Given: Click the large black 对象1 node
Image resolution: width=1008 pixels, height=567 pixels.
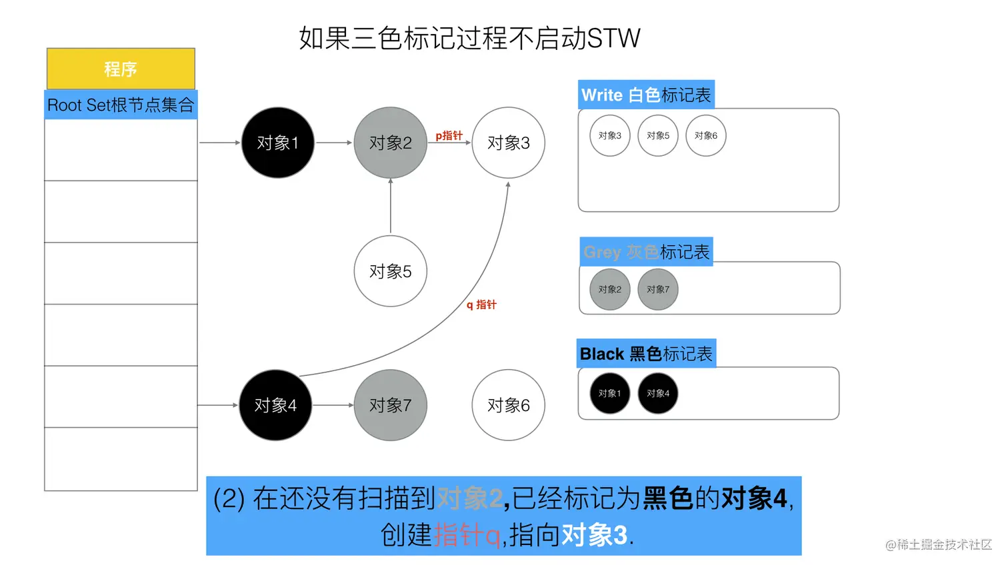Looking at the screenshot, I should point(277,143).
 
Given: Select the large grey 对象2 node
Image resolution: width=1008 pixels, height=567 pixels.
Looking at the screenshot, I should point(390,143).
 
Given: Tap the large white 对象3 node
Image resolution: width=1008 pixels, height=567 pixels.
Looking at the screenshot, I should point(508,143).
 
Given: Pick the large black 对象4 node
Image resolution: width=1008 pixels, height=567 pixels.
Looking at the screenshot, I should point(275,405).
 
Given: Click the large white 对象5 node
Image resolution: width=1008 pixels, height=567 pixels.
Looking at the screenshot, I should point(390,271).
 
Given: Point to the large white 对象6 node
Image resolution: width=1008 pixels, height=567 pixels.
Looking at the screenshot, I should point(508,405).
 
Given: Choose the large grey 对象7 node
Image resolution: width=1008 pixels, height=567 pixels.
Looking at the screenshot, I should point(390,405).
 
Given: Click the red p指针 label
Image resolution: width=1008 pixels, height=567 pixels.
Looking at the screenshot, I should point(449,136).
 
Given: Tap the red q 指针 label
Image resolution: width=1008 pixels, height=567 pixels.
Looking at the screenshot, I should point(481,304).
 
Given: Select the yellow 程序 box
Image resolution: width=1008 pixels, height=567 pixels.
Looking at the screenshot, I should point(121,69).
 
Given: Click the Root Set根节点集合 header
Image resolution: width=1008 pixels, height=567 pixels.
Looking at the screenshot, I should point(121,105).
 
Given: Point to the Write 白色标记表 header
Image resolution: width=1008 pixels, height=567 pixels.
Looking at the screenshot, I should point(646,95).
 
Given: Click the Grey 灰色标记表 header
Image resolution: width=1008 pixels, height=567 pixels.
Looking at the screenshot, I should point(646,252).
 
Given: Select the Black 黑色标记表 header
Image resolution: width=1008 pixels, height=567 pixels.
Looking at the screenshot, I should point(646,354).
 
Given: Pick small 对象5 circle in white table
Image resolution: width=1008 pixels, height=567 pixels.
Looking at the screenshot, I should point(658,136).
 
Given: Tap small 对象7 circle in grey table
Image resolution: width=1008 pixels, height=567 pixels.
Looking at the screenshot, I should point(658,289).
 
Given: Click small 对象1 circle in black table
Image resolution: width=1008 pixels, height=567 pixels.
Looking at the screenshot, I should point(609,393).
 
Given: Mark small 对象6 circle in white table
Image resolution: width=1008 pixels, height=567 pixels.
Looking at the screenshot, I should point(706,136).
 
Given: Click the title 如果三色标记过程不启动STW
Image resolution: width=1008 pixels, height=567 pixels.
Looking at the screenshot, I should point(469,38).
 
